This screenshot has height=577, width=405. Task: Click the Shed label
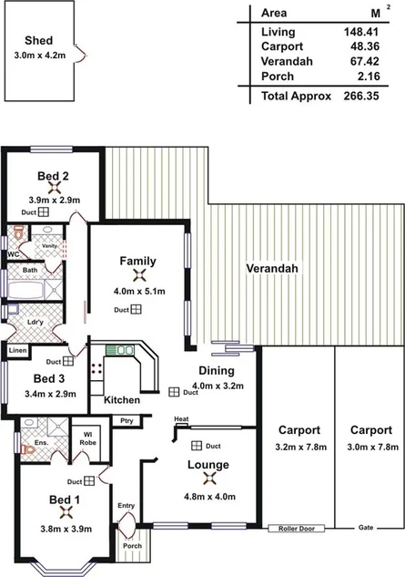click(x=38, y=41)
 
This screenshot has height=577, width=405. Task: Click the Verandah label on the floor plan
click(x=272, y=269)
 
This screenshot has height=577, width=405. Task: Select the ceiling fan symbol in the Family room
click(x=138, y=276)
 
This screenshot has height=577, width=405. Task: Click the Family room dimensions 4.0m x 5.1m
click(x=138, y=292)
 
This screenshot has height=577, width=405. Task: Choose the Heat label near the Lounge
click(x=181, y=418)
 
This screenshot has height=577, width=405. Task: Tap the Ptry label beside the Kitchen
click(x=126, y=420)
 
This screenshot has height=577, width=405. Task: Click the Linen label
click(x=17, y=350)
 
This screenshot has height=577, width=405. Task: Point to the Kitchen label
click(x=121, y=400)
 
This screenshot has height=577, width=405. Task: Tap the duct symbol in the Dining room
click(x=173, y=392)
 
